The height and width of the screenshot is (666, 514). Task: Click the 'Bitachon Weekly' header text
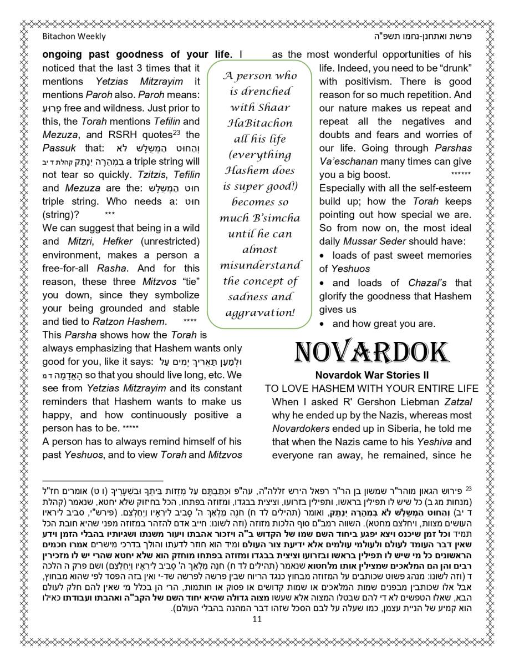click(74, 37)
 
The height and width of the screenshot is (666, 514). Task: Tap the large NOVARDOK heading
click(371, 352)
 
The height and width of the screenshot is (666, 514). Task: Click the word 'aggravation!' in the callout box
click(259, 312)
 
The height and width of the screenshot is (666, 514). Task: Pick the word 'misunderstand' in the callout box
click(259, 265)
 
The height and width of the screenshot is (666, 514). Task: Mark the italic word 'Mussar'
click(360, 241)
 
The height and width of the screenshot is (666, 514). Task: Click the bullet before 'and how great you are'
click(323, 324)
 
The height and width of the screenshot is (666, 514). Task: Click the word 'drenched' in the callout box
click(259, 92)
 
